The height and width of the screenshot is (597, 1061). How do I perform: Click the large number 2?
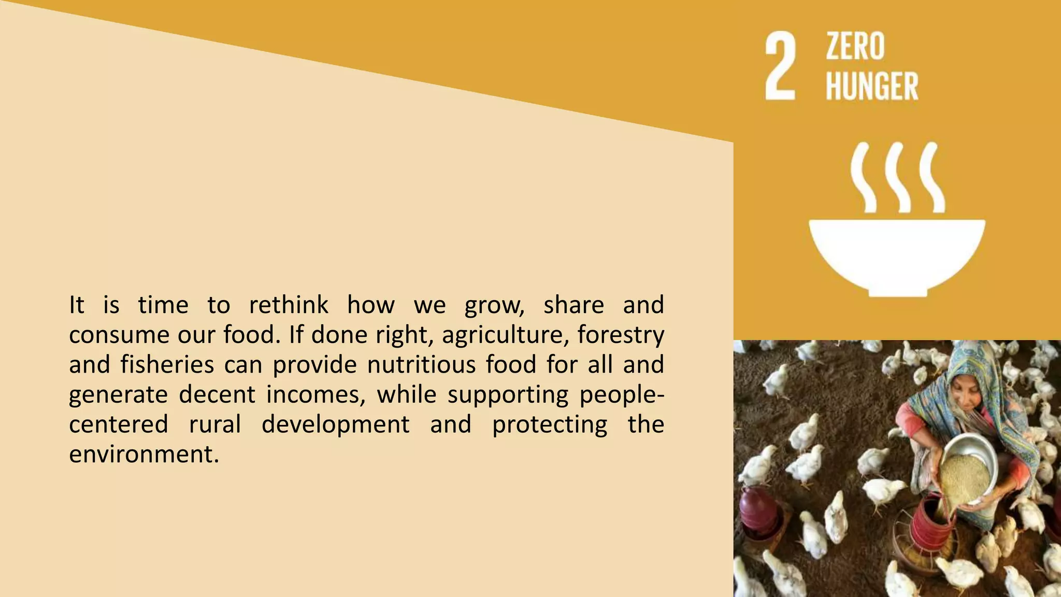click(781, 66)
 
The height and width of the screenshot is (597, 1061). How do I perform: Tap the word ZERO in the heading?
click(855, 47)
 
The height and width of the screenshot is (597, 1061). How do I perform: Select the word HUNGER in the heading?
click(872, 86)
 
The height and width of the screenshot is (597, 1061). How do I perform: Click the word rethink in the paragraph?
click(289, 305)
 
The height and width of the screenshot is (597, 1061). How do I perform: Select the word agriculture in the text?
click(501, 335)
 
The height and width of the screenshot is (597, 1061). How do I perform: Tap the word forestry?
click(621, 335)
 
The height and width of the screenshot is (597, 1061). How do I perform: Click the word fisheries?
click(167, 364)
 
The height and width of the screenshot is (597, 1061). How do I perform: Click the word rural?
click(215, 424)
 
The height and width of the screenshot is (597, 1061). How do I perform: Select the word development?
click(336, 424)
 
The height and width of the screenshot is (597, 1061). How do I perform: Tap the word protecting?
click(550, 424)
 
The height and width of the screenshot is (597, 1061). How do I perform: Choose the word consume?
click(119, 335)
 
